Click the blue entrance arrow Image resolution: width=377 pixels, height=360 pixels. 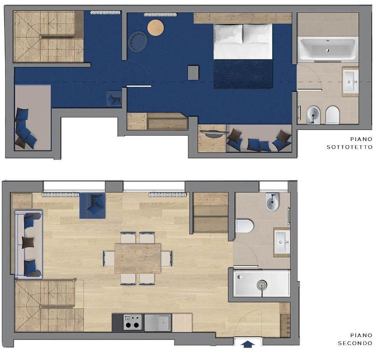pyautogui.click(x=248, y=344)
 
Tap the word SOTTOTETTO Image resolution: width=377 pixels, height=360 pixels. pyautogui.click(x=349, y=147)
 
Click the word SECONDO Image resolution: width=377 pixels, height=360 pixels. pyautogui.click(x=355, y=343)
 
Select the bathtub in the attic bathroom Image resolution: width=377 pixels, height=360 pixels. pyautogui.click(x=327, y=50)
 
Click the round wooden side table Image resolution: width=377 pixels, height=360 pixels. pyautogui.click(x=156, y=28)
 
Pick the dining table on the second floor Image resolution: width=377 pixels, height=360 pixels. pyautogui.click(x=138, y=259)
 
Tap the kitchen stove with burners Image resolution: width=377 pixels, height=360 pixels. pyautogui.click(x=132, y=322)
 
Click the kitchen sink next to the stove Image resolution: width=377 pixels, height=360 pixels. pyautogui.click(x=158, y=322)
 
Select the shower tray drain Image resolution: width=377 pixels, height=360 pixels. pyautogui.click(x=262, y=285)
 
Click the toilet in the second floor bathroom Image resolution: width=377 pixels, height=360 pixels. pyautogui.click(x=245, y=226)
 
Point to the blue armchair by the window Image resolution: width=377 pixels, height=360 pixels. pyautogui.click(x=92, y=206)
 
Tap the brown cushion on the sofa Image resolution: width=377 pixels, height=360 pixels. pyautogui.click(x=28, y=243)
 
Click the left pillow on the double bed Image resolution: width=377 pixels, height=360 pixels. pyautogui.click(x=228, y=34)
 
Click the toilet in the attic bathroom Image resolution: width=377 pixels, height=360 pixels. pyautogui.click(x=333, y=115)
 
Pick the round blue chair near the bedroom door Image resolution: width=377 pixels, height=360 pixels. pyautogui.click(x=138, y=41)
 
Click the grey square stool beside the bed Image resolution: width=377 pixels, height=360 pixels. pyautogui.click(x=193, y=73)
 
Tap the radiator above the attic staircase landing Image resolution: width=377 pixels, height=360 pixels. pyautogui.click(x=105, y=13)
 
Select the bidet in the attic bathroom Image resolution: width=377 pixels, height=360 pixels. pyautogui.click(x=313, y=115)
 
